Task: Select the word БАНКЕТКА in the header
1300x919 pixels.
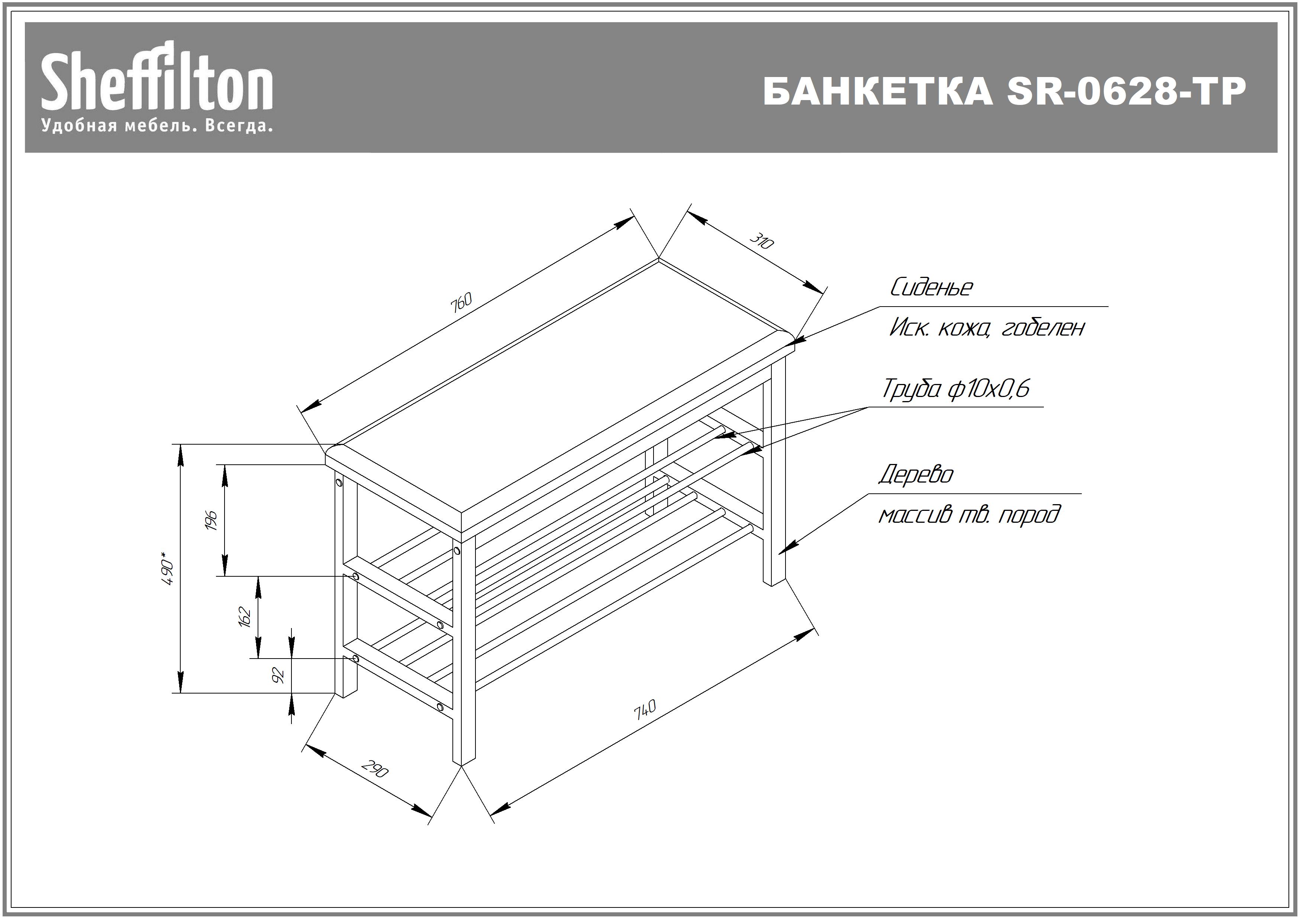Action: [878, 91]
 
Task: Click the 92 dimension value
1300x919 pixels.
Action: [278, 675]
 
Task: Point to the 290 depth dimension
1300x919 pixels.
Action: [375, 769]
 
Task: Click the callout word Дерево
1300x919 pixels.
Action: [916, 475]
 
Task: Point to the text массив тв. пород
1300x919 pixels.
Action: [969, 515]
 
